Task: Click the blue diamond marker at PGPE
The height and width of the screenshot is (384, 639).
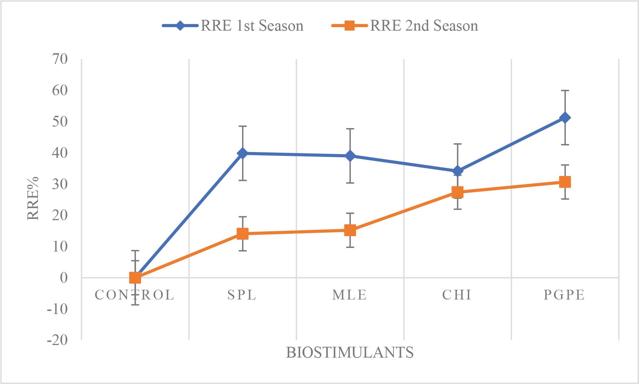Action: pos(565,118)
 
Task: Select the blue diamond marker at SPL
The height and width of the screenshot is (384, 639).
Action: pos(242,153)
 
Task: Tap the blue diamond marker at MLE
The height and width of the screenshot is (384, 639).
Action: pos(350,156)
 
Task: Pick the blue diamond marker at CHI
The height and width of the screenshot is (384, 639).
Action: pos(457,171)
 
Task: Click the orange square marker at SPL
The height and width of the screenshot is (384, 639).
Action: pos(242,233)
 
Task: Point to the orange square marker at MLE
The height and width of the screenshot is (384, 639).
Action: pos(350,230)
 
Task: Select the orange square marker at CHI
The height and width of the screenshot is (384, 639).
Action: pos(457,192)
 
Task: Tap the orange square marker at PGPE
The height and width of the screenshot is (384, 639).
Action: pos(565,182)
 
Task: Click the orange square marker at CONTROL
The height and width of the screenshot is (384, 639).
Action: pos(135,278)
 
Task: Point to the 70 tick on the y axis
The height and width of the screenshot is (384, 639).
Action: pos(59,59)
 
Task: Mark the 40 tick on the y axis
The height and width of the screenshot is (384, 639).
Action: pos(59,153)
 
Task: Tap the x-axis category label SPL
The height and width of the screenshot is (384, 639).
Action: pos(242,295)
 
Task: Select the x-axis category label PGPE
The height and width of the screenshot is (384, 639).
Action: pos(565,295)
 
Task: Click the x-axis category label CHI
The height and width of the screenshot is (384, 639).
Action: pos(457,295)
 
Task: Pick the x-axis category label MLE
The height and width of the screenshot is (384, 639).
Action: pos(350,295)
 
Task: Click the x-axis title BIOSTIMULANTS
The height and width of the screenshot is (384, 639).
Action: pos(350,353)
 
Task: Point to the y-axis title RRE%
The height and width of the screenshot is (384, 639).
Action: pos(33,198)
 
